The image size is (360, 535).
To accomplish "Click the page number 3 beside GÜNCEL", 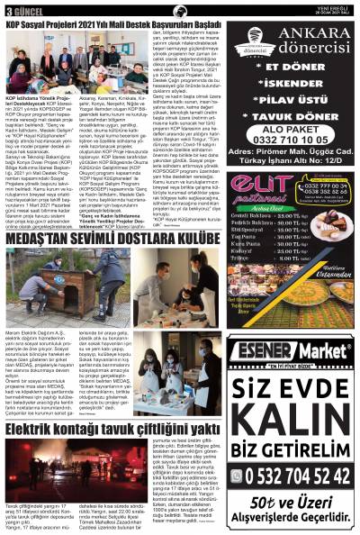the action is pyautogui.click(x=7, y=11).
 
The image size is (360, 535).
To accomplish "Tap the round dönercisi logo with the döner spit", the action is pyautogui.click(x=249, y=46).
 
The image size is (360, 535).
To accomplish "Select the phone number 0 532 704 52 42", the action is pyautogui.click(x=298, y=474).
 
